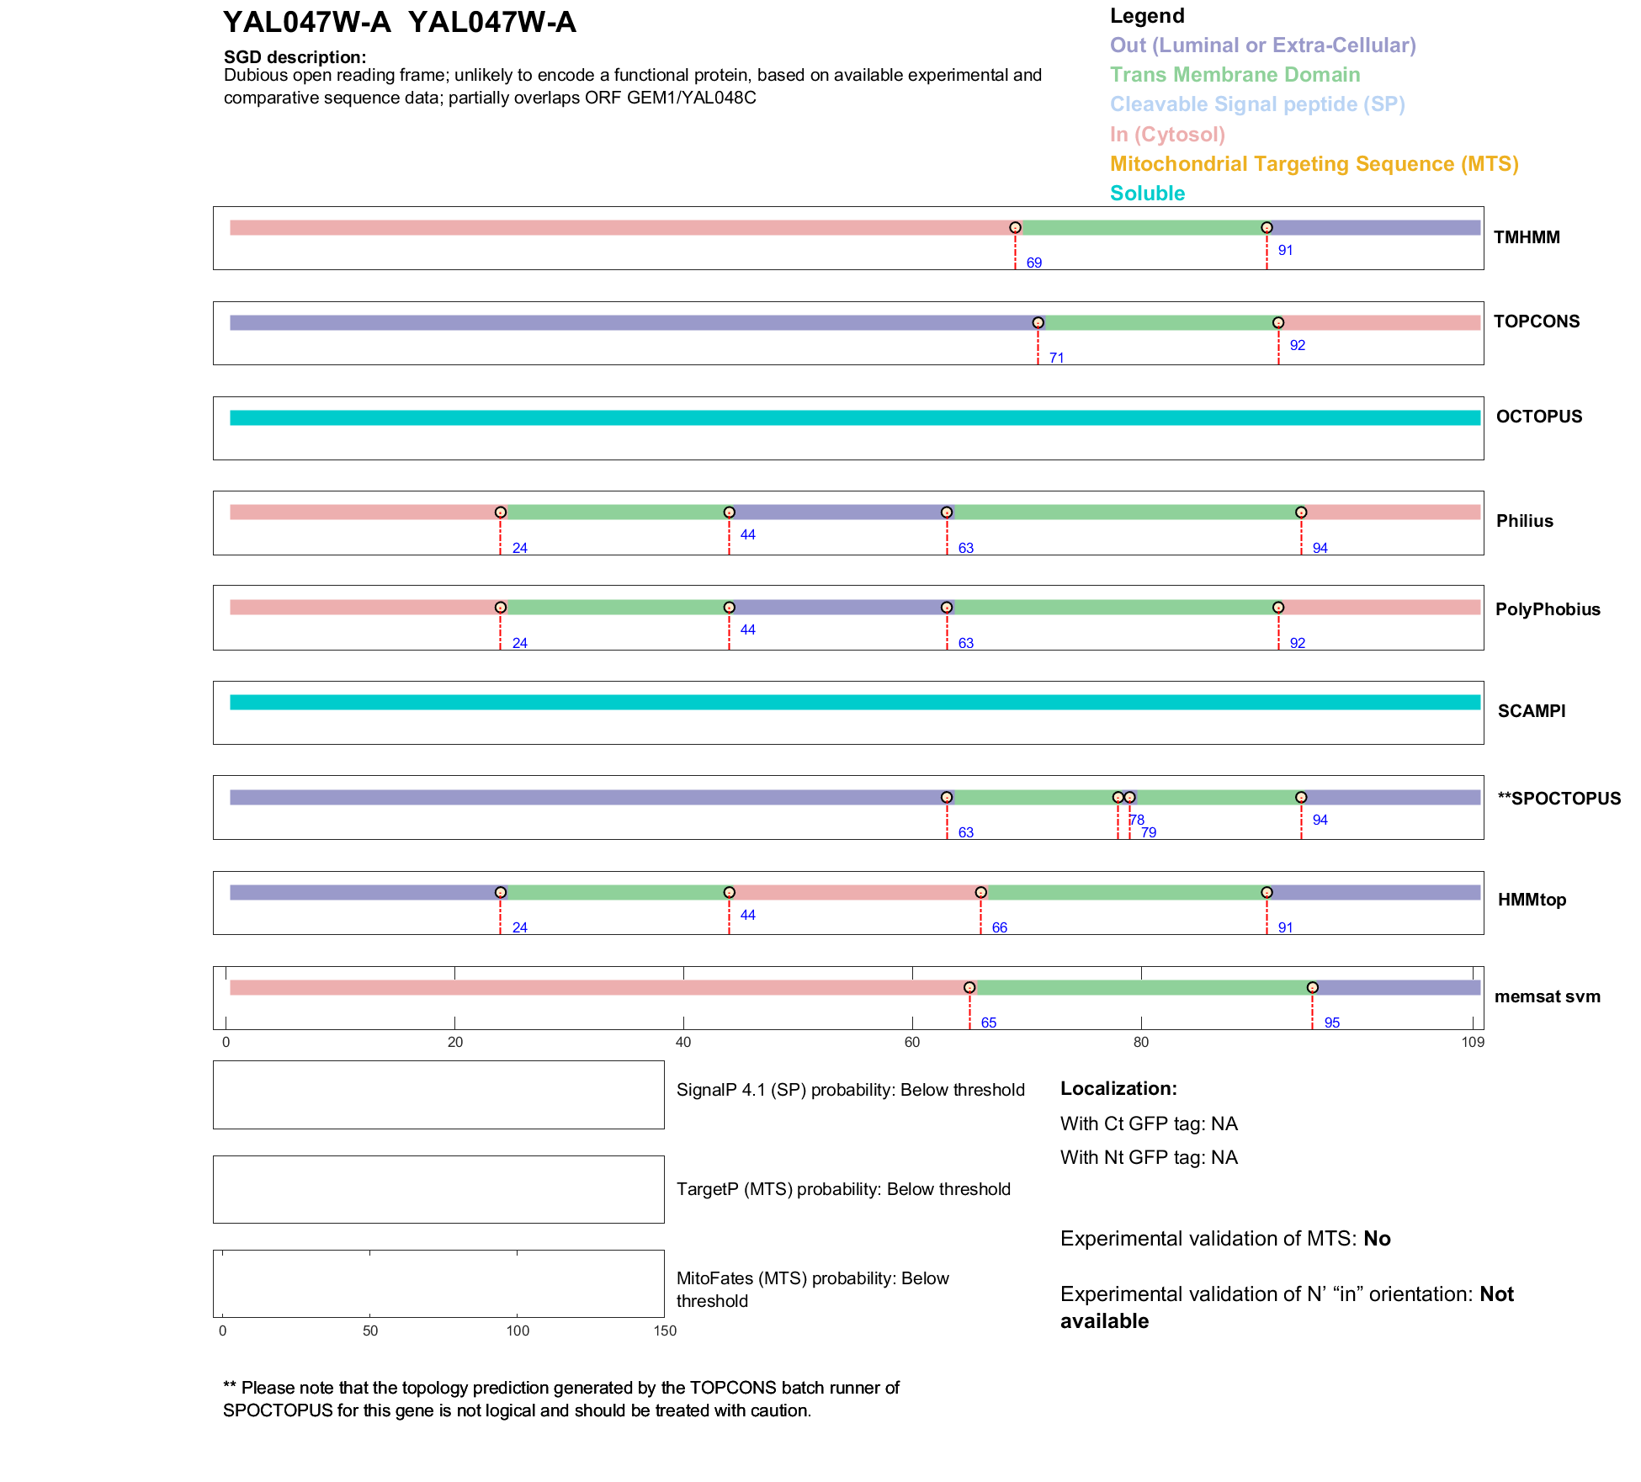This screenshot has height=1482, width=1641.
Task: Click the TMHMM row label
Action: pos(1526,237)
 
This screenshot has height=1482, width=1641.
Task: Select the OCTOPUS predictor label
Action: pos(1538,417)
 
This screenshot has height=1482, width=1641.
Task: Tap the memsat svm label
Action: pos(1547,996)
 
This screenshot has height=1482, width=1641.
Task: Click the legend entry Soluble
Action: pos(1147,194)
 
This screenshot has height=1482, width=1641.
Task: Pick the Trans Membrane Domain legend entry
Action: pos(1235,75)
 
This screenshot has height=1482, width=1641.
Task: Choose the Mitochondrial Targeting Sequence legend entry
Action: pos(1314,164)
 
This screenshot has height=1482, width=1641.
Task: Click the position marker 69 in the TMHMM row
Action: pos(1015,228)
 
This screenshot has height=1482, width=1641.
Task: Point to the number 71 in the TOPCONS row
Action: pos(1056,359)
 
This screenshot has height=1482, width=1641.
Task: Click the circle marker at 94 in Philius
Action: pos(1301,513)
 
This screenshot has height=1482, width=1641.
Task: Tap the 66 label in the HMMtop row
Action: pos(999,928)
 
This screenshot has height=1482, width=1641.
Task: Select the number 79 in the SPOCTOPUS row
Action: pos(1149,833)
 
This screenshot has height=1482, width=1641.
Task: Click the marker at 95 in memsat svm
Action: pos(1312,988)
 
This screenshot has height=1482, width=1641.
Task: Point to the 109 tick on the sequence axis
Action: pos(1473,1043)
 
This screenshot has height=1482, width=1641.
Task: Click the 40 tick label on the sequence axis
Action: pos(683,1043)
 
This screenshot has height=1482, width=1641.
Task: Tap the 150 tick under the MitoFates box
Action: pos(665,1331)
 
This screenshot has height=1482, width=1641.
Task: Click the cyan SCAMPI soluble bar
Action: pos(854,702)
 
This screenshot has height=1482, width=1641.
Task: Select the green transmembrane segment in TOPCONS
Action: pos(1158,323)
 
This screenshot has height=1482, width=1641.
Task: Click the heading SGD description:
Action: pos(295,57)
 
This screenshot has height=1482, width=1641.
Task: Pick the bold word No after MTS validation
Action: pos(1377,1239)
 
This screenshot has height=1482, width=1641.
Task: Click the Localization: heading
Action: pos(1118,1089)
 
